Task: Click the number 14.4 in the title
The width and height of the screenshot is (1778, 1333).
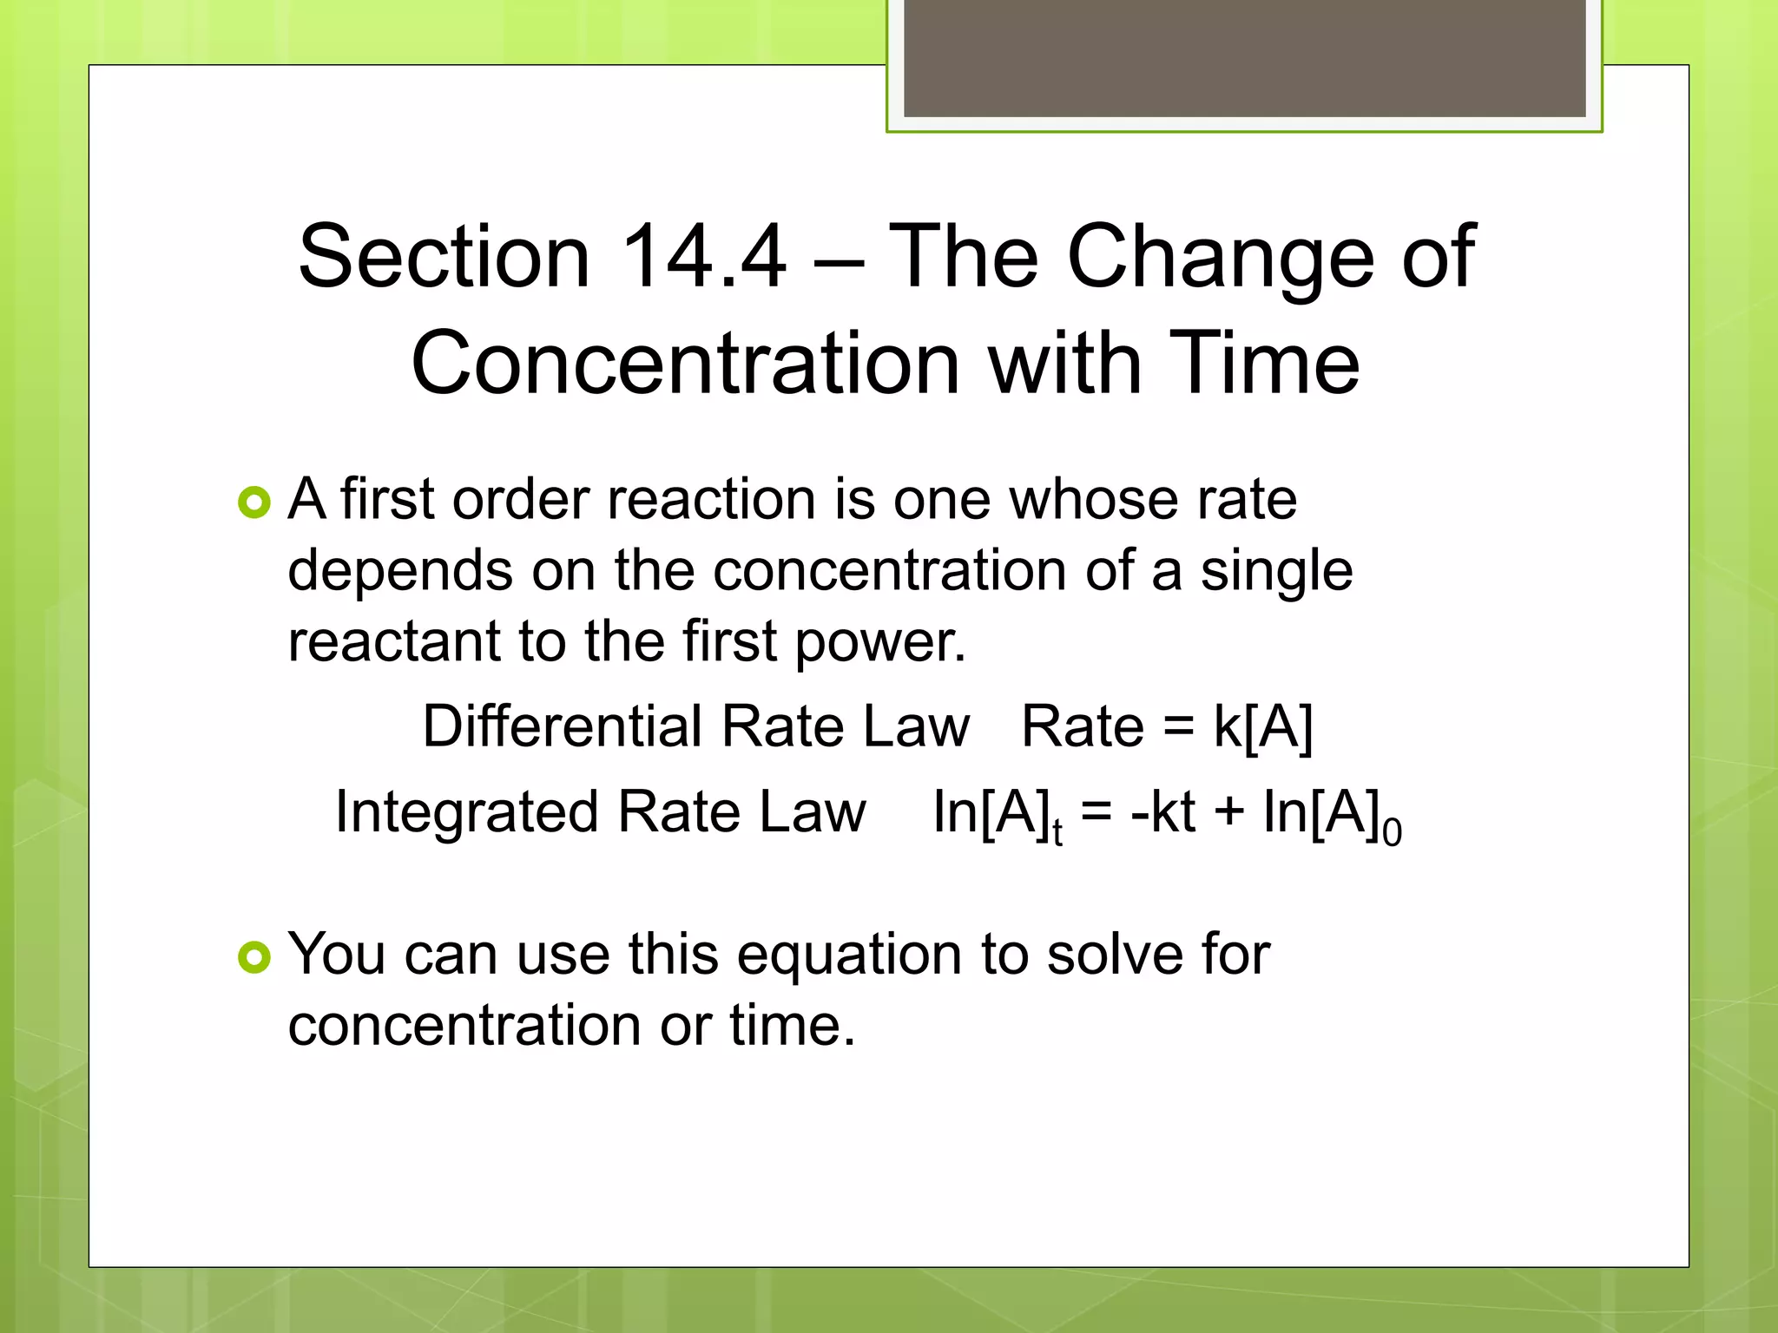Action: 703,256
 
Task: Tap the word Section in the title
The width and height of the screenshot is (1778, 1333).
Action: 444,256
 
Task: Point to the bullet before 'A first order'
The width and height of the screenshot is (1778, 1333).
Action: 254,502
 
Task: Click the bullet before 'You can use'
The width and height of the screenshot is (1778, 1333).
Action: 254,957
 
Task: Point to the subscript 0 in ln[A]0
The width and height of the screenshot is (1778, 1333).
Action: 1392,833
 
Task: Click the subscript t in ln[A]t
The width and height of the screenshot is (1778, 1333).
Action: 1057,833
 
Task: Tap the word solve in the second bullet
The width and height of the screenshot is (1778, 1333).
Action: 1115,955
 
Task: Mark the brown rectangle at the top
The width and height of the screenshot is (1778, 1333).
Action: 1244,57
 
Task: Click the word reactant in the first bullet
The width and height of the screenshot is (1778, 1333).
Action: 394,642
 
